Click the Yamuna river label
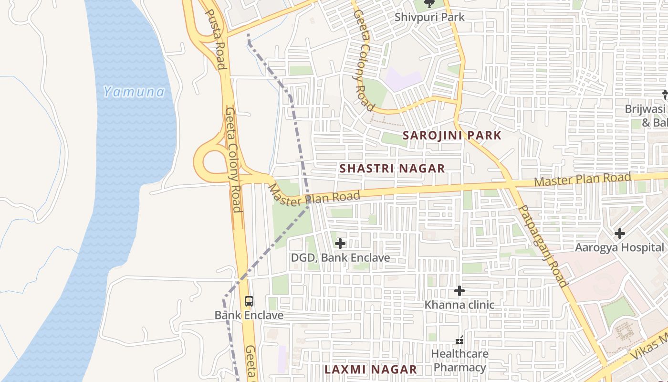point(134,92)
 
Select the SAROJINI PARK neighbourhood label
point(452,135)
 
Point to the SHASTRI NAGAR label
point(392,168)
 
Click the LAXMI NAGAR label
point(371,369)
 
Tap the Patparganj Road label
point(543,245)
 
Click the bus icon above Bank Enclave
point(249,301)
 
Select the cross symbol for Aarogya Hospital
point(619,233)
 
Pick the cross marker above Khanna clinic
point(459,290)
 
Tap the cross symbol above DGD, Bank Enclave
point(340,244)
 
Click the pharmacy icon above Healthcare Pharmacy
point(459,340)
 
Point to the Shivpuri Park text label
point(429,17)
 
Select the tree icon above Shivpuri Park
point(429,4)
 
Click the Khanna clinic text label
point(459,305)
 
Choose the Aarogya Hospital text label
point(619,247)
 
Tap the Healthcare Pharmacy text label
point(460,361)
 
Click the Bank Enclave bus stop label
point(249,315)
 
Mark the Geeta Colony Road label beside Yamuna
point(233,160)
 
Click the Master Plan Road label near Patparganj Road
point(582,180)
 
